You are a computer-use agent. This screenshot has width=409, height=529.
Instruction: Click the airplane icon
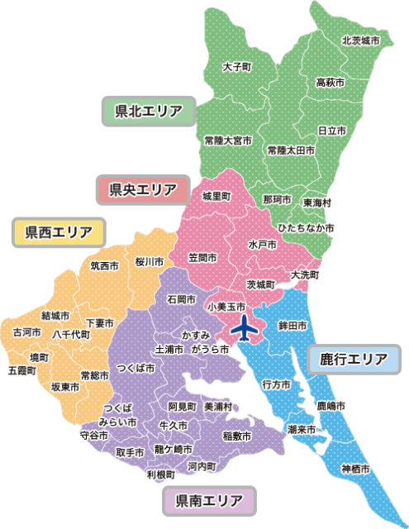tap(244, 328)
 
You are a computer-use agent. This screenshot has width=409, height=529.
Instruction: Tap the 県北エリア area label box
tap(148, 110)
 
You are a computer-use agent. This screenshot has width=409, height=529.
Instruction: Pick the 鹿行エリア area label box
tap(353, 359)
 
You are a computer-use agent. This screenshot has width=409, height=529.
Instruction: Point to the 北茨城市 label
tap(360, 40)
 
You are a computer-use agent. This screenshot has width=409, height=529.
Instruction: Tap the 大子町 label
tap(236, 65)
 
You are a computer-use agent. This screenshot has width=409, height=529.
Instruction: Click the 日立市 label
tap(331, 131)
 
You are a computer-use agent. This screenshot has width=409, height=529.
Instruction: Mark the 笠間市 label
tap(202, 258)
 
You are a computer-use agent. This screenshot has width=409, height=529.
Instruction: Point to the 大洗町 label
tap(305, 274)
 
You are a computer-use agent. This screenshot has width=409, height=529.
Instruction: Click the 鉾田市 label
tap(292, 326)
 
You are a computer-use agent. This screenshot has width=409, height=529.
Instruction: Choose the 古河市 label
tap(26, 331)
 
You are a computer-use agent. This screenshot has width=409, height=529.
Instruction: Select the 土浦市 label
tap(169, 349)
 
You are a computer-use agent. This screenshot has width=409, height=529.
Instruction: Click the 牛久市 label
tap(174, 425)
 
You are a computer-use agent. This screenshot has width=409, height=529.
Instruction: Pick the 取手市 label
tap(130, 452)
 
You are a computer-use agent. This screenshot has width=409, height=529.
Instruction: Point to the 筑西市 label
tap(105, 266)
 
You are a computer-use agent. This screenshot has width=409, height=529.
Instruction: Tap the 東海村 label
tap(317, 202)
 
